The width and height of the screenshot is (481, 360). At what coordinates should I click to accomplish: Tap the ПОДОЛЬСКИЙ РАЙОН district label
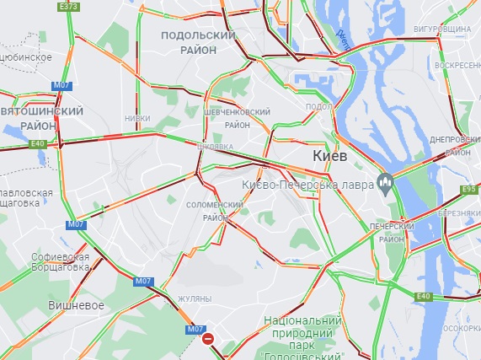point(196,42)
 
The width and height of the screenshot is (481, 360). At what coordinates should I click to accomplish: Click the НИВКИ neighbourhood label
point(137,119)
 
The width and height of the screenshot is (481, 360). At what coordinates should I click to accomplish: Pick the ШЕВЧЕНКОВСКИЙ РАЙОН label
point(238,118)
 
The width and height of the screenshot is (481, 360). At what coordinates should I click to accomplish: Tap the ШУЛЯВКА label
point(214,146)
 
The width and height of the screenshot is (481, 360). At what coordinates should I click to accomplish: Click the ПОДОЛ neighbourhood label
point(318,106)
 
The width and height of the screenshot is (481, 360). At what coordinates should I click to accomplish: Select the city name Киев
point(329,156)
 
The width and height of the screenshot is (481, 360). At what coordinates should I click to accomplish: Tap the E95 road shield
point(469,190)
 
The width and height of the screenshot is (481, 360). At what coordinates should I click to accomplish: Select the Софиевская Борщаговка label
point(59,261)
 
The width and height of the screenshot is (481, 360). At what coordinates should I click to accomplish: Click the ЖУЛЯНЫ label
point(194,299)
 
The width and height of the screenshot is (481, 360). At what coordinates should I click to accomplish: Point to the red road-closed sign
point(209,338)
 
